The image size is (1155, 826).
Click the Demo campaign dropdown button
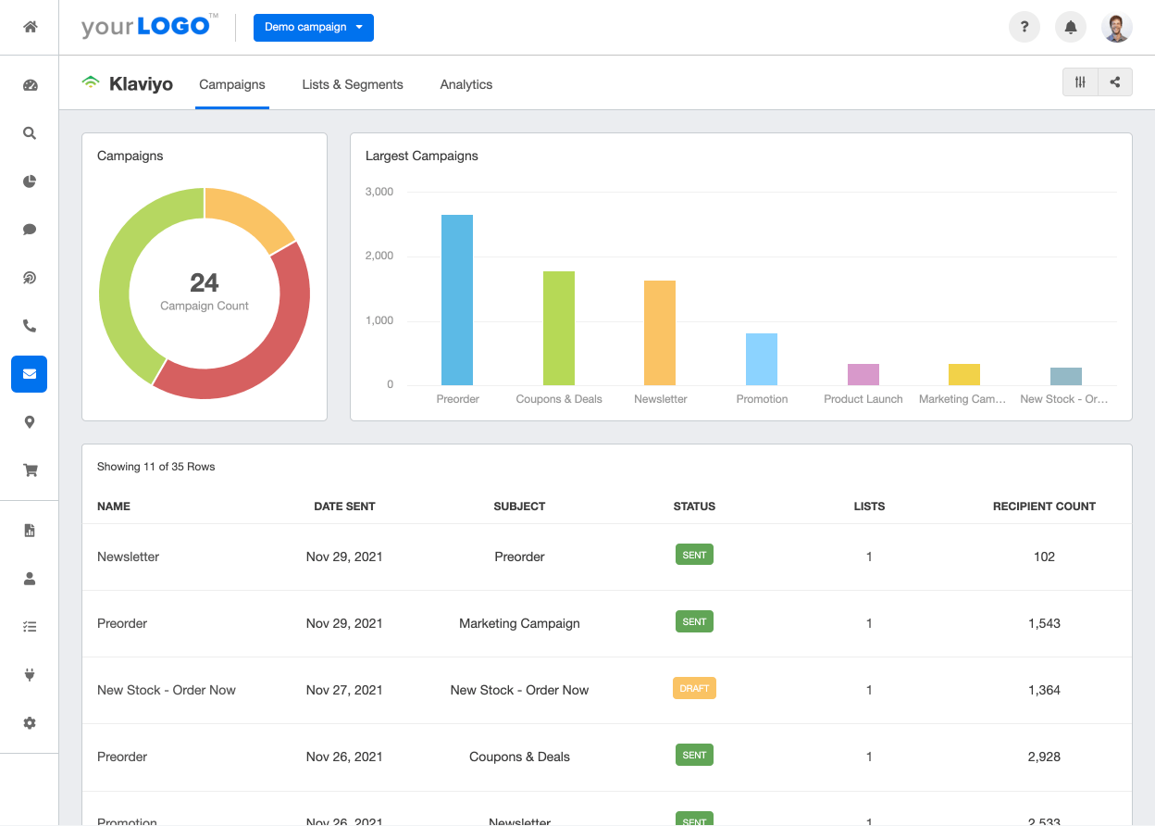click(313, 28)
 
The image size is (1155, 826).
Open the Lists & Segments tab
click(353, 84)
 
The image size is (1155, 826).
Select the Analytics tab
click(466, 84)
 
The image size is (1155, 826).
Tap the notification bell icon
click(1071, 28)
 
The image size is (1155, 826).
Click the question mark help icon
click(1025, 28)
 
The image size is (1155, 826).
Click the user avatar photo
click(1117, 28)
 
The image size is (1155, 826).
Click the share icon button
click(1115, 82)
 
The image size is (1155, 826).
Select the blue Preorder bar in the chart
click(457, 300)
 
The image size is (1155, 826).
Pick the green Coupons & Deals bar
click(559, 329)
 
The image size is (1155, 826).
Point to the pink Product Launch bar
click(863, 374)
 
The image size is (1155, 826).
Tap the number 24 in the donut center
click(205, 282)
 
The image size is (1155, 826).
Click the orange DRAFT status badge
click(694, 689)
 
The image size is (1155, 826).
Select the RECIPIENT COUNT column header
click(1044, 507)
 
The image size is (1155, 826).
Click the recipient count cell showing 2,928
click(1044, 757)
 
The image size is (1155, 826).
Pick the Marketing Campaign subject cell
click(519, 623)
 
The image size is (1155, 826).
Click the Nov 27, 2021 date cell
click(344, 690)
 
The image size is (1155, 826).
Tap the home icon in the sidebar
click(30, 27)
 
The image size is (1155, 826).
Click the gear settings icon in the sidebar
click(30, 722)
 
